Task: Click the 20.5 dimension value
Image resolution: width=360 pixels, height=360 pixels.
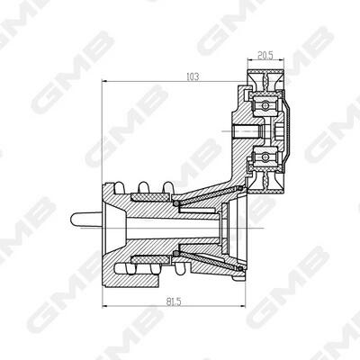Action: tap(265, 55)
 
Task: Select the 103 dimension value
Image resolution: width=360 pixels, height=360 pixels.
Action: tap(193, 76)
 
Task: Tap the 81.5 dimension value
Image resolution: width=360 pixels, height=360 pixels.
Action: tap(174, 301)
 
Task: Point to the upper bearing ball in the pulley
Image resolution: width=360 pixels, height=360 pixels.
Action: tap(265, 105)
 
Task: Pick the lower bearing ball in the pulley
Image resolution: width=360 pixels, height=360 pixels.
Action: tap(265, 157)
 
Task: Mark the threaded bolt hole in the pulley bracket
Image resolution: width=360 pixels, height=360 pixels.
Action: tap(247, 130)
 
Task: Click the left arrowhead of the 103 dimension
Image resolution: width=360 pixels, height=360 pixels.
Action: tap(105, 81)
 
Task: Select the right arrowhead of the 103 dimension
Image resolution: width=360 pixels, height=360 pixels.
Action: tap(244, 81)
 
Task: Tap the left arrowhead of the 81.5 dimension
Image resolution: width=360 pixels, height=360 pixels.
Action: tap(105, 306)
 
